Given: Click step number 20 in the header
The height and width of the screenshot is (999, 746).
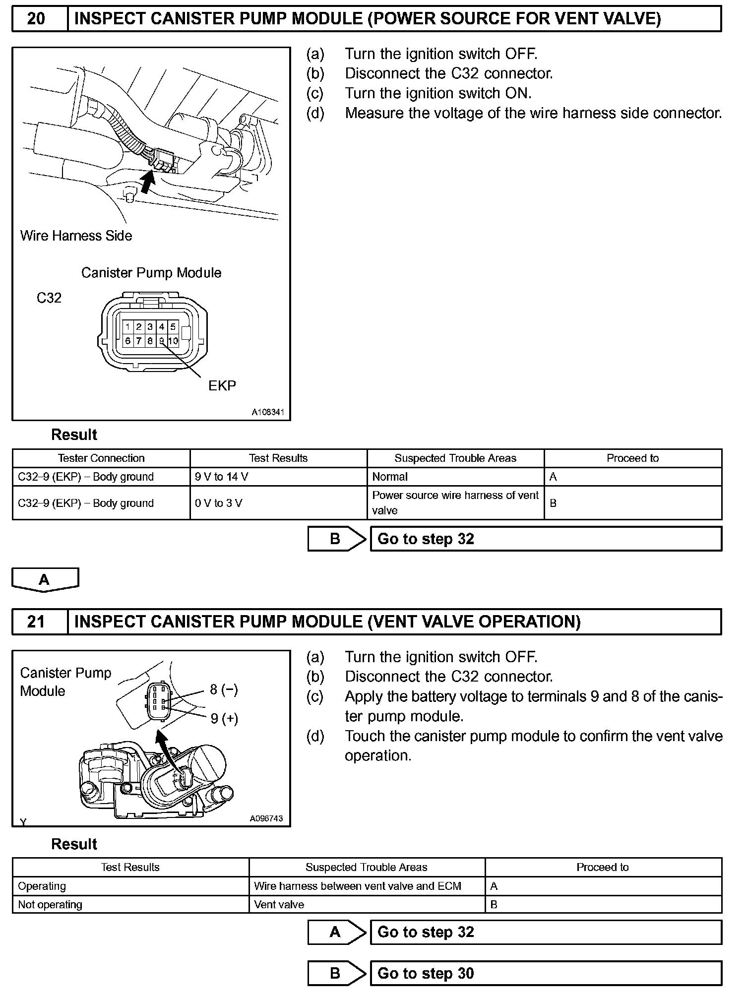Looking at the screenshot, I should tap(36, 19).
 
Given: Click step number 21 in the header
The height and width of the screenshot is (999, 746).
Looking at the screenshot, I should tap(36, 622).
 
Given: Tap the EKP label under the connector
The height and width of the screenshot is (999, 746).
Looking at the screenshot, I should tap(222, 385).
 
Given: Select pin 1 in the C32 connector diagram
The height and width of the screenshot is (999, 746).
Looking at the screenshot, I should tap(128, 326).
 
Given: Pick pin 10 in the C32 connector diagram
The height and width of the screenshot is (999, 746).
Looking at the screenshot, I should tap(173, 341).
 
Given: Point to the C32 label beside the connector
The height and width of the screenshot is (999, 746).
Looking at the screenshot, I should tap(49, 298).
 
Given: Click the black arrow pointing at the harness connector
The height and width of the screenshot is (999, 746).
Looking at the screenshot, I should tap(146, 181).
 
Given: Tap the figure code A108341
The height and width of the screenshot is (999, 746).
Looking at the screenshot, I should tap(267, 412).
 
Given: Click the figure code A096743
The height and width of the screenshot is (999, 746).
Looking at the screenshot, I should tap(266, 818).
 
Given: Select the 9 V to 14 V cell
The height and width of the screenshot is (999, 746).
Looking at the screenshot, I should tap(222, 477).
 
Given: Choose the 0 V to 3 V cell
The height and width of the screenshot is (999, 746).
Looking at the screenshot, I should tap(219, 503).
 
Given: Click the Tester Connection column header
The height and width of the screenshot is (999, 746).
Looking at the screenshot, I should tap(101, 458).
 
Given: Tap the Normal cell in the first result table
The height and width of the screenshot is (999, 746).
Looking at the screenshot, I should tap(390, 477).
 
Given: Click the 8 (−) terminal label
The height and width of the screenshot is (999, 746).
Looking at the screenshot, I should tap(224, 689).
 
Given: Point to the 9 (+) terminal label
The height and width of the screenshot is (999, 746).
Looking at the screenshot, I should tap(224, 718).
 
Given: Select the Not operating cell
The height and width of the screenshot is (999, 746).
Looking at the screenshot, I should tap(50, 904).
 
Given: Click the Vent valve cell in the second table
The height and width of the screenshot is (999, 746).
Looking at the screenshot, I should tap(279, 904).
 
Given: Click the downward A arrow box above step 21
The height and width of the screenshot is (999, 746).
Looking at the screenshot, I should tap(45, 579).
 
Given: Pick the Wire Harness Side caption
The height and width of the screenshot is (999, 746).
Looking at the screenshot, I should tap(76, 236).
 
